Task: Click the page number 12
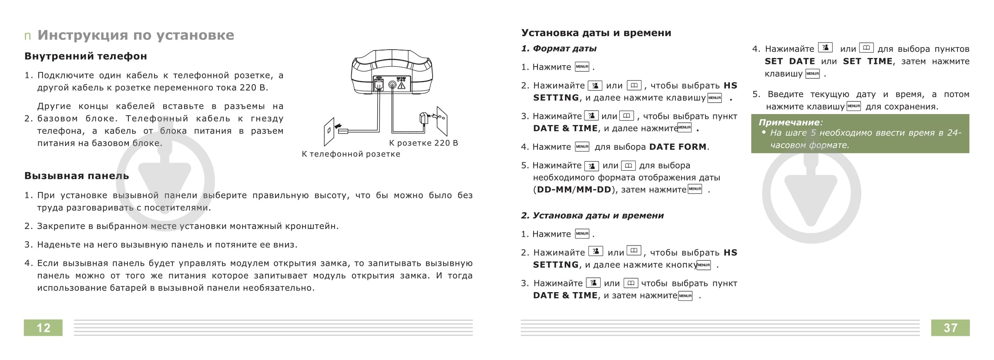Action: click(x=43, y=328)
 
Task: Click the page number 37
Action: click(x=950, y=328)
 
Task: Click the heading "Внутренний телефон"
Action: click(x=86, y=56)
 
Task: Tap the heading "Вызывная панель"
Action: click(x=77, y=176)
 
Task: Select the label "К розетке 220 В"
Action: click(x=423, y=143)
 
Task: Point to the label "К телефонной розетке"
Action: click(x=351, y=154)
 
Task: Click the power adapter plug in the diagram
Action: click(x=424, y=118)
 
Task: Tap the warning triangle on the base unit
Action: click(x=401, y=86)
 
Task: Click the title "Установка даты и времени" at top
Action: click(x=596, y=33)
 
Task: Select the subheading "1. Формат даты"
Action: click(x=559, y=48)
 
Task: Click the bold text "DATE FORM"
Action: click(x=678, y=147)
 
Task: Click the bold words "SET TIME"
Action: click(x=867, y=61)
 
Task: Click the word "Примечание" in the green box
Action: click(x=789, y=122)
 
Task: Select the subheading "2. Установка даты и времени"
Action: click(x=592, y=215)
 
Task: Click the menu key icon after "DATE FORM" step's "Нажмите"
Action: click(x=582, y=147)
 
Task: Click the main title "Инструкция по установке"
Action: click(x=136, y=35)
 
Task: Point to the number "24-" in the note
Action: click(x=954, y=133)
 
